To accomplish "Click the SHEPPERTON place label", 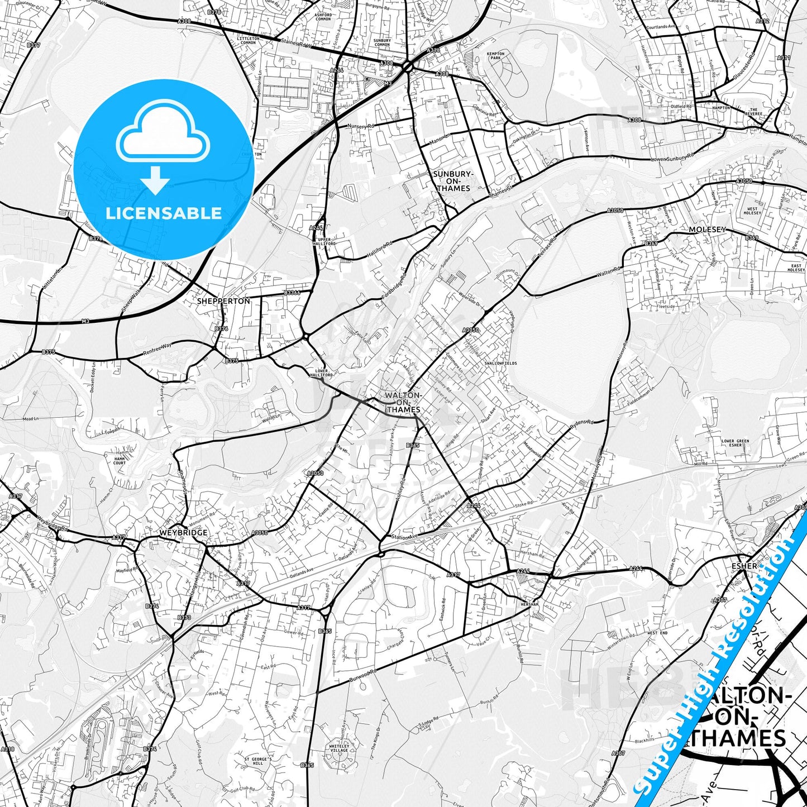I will [x=223, y=300].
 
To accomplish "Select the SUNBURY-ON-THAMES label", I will [x=453, y=181].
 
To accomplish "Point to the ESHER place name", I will [x=744, y=566].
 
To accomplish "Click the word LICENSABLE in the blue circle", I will [x=164, y=213].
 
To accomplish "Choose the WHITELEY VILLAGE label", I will [x=340, y=748].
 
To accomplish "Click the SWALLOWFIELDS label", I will [x=501, y=363].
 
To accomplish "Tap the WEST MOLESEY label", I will [x=752, y=211].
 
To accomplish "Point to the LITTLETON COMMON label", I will [x=248, y=41].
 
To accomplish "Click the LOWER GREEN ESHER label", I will [x=736, y=443].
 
